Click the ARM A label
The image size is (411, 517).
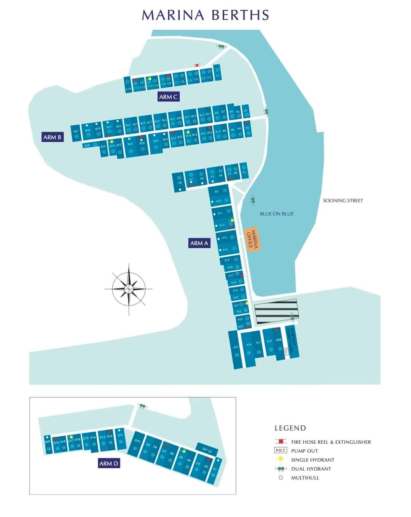tap(199, 243)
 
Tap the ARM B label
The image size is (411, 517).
tap(53, 137)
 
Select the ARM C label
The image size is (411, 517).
tap(168, 97)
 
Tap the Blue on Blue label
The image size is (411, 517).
tap(277, 214)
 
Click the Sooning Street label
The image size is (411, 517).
tap(343, 201)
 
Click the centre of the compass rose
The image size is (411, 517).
tap(129, 289)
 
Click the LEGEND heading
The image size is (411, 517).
tap(290, 428)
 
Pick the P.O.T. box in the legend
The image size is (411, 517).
tap(281, 451)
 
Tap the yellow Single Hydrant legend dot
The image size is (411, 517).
tap(281, 459)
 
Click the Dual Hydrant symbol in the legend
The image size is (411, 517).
tap(281, 469)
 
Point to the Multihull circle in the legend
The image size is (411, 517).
tap(281, 477)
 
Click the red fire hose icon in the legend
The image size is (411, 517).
tap(281, 442)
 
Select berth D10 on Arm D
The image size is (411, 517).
tap(137, 441)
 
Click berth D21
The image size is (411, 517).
tap(205, 449)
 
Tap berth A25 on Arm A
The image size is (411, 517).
tap(236, 347)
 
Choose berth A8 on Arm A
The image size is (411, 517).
tap(180, 183)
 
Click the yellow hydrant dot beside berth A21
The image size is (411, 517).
tap(247, 303)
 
